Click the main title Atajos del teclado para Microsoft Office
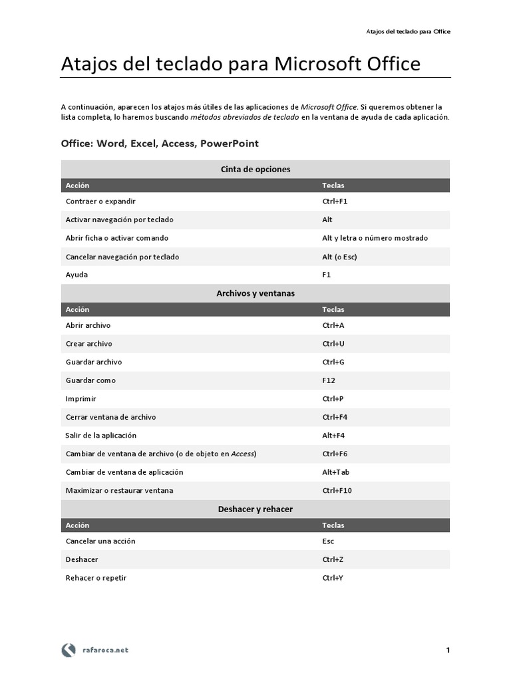click(x=241, y=64)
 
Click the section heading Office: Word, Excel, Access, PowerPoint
click(x=160, y=144)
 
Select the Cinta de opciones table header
click(x=255, y=170)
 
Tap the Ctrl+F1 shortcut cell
click(x=335, y=201)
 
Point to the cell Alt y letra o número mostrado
click(x=375, y=238)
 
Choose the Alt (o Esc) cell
click(x=340, y=256)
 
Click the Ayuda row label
click(x=77, y=275)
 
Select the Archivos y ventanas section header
click(x=255, y=293)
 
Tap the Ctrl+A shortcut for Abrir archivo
click(x=333, y=325)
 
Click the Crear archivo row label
click(x=89, y=344)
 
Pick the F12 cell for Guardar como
click(x=329, y=380)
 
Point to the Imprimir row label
click(x=81, y=399)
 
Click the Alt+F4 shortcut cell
click(x=334, y=436)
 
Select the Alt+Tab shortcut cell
click(x=336, y=472)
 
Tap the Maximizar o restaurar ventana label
click(x=120, y=491)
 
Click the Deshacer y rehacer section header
click(x=255, y=509)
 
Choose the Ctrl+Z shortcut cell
click(x=333, y=560)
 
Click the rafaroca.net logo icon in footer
click(x=69, y=650)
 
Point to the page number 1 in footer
click(x=448, y=650)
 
